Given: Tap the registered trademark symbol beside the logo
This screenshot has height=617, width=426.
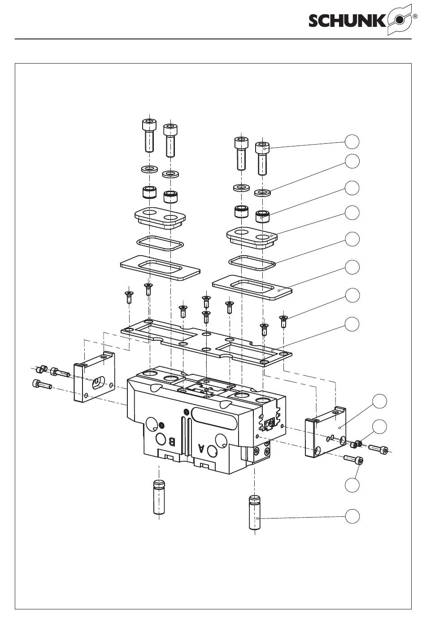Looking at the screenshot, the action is [x=414, y=16].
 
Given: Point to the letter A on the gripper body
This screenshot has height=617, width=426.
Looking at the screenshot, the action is [x=201, y=449].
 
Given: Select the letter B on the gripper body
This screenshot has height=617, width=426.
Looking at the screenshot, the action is [x=172, y=442].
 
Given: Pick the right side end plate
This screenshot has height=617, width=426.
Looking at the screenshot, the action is [x=325, y=432].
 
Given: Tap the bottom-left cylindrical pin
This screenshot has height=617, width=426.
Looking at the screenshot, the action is [x=159, y=497].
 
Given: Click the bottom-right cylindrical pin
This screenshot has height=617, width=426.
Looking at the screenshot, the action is [x=255, y=513].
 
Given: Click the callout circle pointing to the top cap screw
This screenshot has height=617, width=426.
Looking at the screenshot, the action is [x=352, y=142].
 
